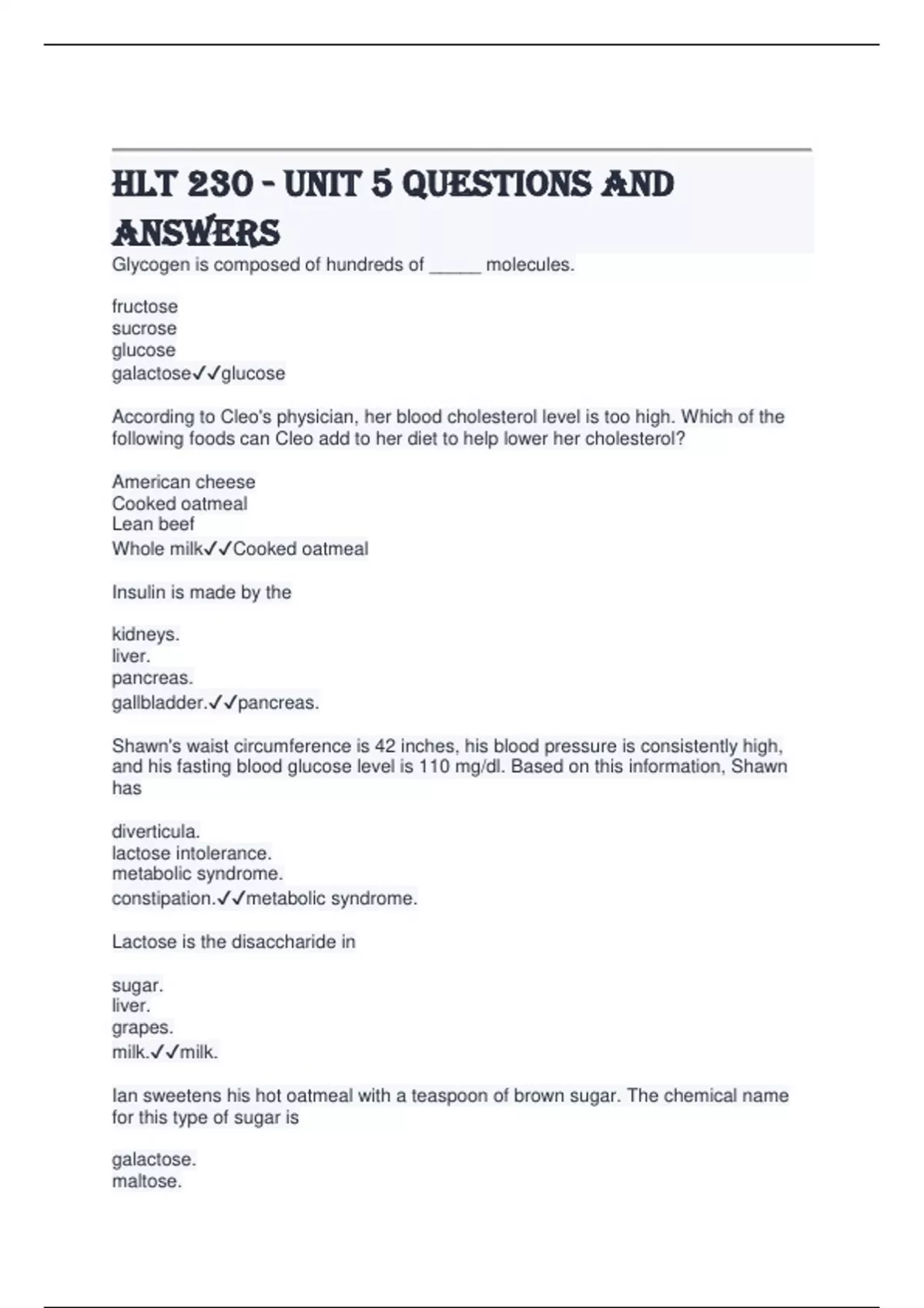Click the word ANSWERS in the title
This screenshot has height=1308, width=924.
[196, 232]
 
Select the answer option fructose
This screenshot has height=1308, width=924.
[145, 306]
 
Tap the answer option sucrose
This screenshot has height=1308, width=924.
[144, 329]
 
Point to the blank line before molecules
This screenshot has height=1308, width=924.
[455, 266]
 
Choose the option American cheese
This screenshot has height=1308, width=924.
[183, 482]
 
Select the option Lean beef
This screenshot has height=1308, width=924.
[153, 524]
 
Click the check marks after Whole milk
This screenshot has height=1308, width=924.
[218, 549]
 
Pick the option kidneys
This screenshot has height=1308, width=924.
[146, 635]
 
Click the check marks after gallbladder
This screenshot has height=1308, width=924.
[223, 702]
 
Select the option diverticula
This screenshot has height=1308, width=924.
[156, 832]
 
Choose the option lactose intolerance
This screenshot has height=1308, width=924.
[192, 853]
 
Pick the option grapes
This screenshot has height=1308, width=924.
[142, 1028]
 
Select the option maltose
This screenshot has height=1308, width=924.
[146, 1182]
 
